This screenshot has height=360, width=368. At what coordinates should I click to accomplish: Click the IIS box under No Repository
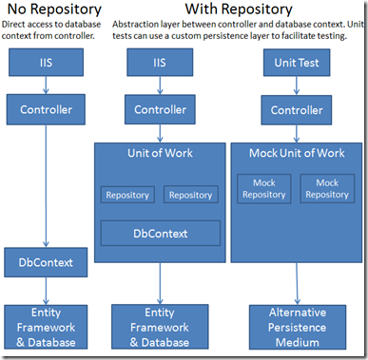tap(45, 64)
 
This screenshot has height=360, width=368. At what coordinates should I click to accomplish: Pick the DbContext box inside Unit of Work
tap(160, 232)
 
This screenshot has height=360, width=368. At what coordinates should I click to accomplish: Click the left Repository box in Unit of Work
tap(127, 195)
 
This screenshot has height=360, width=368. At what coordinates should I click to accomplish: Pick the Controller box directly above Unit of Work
tap(160, 110)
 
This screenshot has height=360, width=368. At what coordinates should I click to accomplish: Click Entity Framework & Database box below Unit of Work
tap(160, 326)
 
